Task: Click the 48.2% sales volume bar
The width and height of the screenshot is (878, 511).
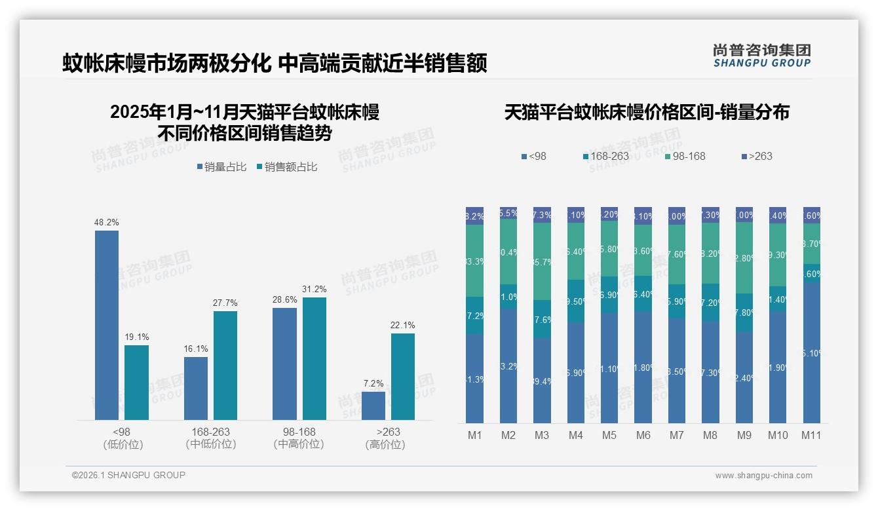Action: coord(107,325)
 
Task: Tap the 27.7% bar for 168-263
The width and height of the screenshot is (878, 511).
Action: coord(225,365)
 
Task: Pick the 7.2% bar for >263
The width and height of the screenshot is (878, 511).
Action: coord(373,406)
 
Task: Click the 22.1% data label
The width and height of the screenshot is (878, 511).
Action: coord(403,325)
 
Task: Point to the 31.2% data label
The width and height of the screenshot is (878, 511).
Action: coord(315,289)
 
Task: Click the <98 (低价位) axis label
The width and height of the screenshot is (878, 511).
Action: coord(122,438)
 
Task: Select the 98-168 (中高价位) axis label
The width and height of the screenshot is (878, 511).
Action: coord(299,438)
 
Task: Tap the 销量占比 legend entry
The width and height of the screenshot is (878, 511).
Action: coord(221,167)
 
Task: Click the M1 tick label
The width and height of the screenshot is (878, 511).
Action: coord(474,435)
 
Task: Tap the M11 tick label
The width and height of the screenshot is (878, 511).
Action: coord(811,435)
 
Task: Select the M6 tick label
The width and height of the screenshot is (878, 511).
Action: coord(643,435)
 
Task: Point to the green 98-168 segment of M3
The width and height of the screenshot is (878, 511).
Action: coord(542,261)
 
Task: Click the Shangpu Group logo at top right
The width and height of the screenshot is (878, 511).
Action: coord(761,56)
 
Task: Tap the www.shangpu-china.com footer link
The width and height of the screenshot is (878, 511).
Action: coord(763,476)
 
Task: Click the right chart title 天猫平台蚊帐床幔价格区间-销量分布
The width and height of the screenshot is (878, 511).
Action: coord(647,112)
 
